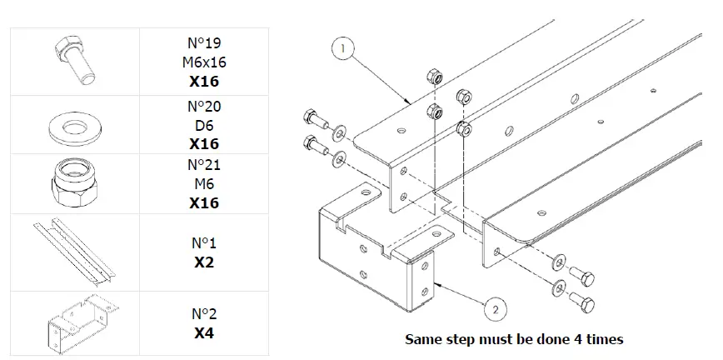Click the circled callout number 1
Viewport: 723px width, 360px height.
coord(342,49)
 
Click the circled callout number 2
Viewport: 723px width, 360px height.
coord(495,310)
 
